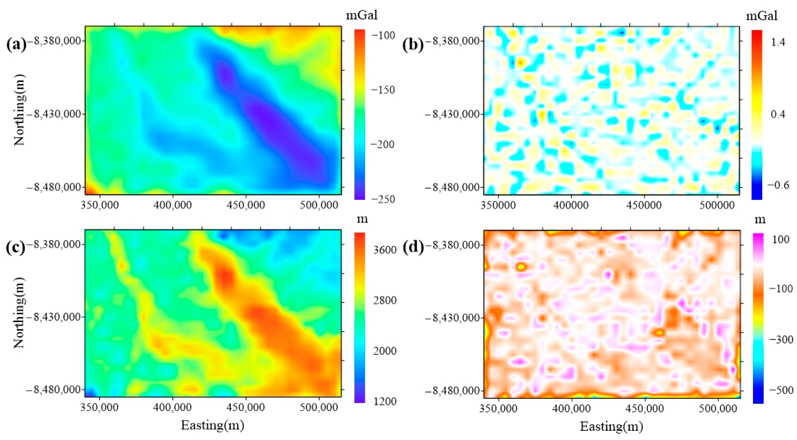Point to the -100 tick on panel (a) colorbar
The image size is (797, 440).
click(x=383, y=35)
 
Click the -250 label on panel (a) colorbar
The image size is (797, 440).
click(x=383, y=199)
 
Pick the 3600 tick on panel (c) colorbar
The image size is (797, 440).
click(x=385, y=250)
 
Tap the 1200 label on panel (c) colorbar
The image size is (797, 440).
click(x=385, y=401)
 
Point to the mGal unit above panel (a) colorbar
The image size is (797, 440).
click(x=361, y=15)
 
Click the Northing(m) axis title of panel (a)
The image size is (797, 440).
click(x=19, y=110)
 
